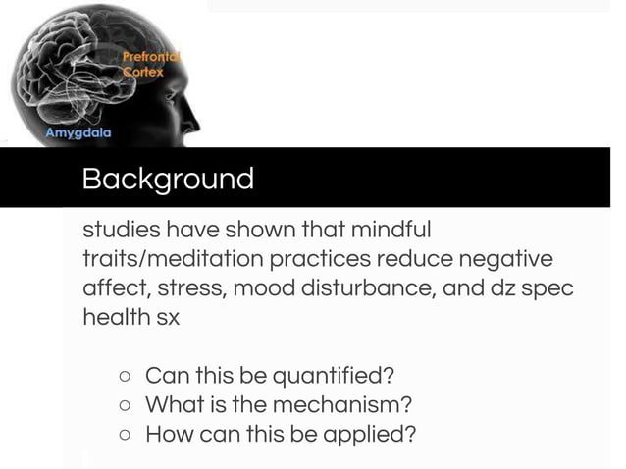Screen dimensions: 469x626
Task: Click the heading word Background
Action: click(x=168, y=179)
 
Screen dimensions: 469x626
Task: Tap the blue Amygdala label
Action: click(x=78, y=132)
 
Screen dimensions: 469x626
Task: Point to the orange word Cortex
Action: click(x=143, y=74)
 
